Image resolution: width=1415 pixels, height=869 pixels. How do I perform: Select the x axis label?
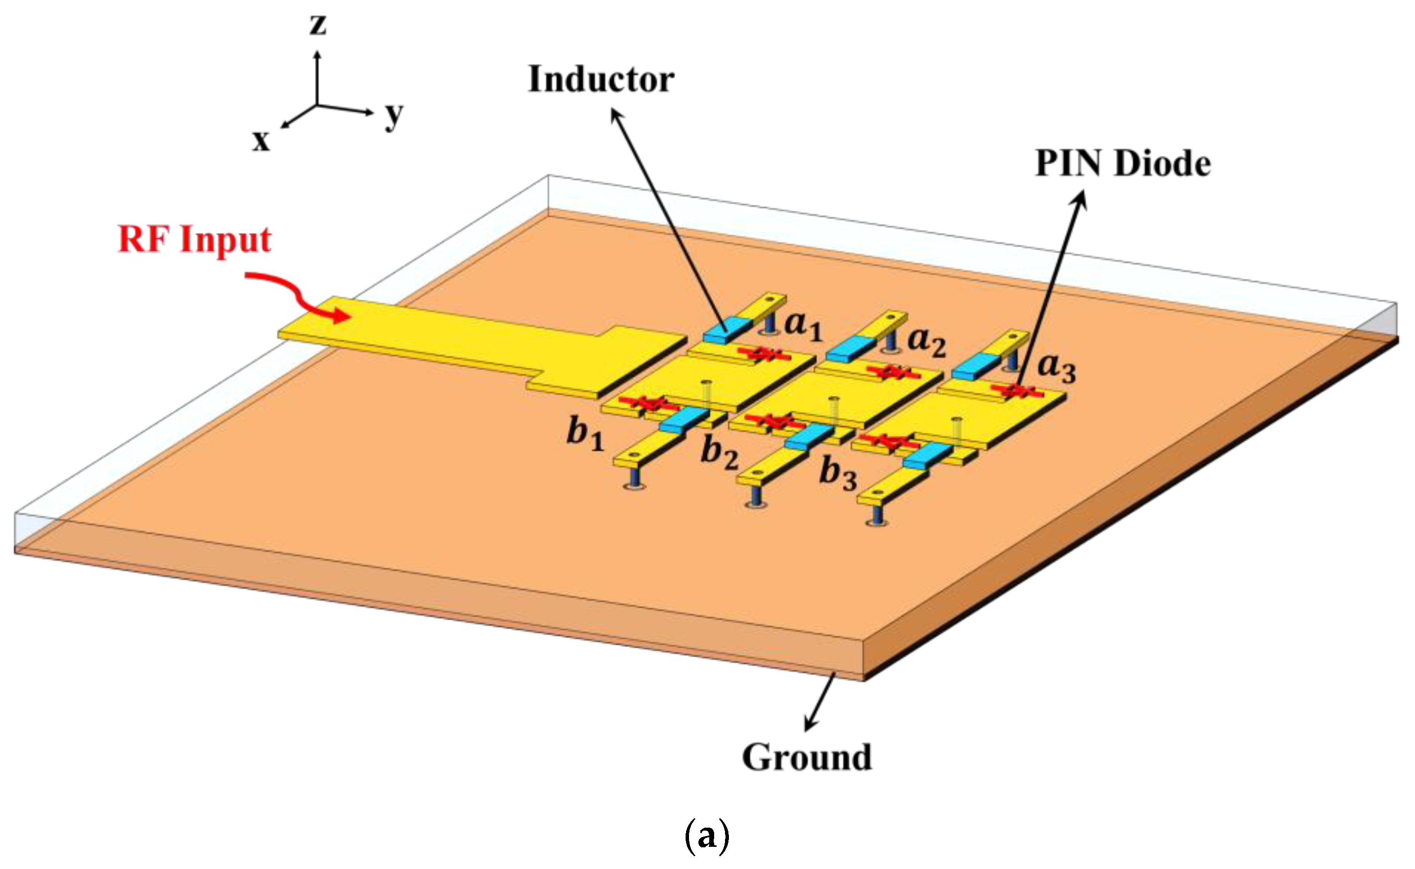pyautogui.click(x=261, y=140)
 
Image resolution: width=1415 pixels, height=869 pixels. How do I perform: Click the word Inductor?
pyautogui.click(x=601, y=79)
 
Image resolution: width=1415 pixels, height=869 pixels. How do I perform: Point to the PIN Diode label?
pyautogui.click(x=1123, y=164)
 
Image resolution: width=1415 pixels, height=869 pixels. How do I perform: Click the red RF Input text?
pyautogui.click(x=195, y=239)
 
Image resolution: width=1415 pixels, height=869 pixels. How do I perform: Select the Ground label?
pyautogui.click(x=807, y=758)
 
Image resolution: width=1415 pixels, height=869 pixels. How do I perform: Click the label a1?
pyautogui.click(x=804, y=326)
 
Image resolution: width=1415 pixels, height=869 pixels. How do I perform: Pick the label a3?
pyautogui.click(x=1056, y=367)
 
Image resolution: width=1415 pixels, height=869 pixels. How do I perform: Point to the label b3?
pyautogui.click(x=838, y=474)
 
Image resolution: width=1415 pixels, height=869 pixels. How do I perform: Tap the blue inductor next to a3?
pyautogui.click(x=976, y=366)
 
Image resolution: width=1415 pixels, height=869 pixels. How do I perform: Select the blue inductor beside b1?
pyautogui.click(x=684, y=419)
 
